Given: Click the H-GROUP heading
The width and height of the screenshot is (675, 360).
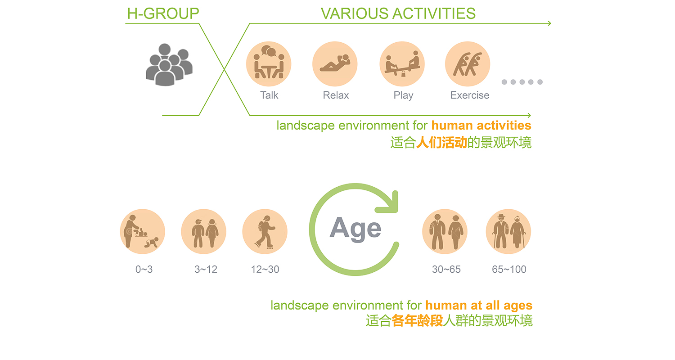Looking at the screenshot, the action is tap(163, 13).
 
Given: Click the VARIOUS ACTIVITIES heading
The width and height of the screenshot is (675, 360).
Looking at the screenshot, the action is tap(398, 13).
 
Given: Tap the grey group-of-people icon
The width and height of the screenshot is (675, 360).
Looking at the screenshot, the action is tap(169, 64).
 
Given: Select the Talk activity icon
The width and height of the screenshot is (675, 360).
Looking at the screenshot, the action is tap(269, 64).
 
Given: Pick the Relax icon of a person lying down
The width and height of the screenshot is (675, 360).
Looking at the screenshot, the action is tap(335, 64).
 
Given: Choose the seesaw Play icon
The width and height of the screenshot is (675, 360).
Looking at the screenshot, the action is tap(402, 64).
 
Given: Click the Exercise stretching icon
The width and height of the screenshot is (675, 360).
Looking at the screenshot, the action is tap(468, 64).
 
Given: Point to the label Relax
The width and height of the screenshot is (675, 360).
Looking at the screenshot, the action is tap(336, 95).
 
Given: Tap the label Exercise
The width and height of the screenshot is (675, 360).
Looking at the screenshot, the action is tap(469, 95).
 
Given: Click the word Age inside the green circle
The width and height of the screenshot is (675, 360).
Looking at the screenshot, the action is tap(355, 229).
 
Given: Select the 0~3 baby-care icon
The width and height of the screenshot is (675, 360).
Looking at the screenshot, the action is tap(143, 231).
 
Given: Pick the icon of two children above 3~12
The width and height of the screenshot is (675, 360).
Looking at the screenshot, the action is tap(204, 231).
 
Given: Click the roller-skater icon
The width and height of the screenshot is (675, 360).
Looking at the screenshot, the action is tap(265, 231).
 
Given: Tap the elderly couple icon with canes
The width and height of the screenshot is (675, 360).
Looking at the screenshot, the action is tap(508, 231).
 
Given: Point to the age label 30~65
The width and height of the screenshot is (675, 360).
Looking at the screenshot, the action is tap(446, 269).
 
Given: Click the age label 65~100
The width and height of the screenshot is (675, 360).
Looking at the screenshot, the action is tap(509, 269).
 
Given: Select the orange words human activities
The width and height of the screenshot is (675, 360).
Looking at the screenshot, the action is tap(481, 125).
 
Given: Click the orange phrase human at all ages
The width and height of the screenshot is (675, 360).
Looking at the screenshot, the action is tap(479, 306).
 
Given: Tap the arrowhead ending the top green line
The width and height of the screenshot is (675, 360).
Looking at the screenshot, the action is tap(549, 23).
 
